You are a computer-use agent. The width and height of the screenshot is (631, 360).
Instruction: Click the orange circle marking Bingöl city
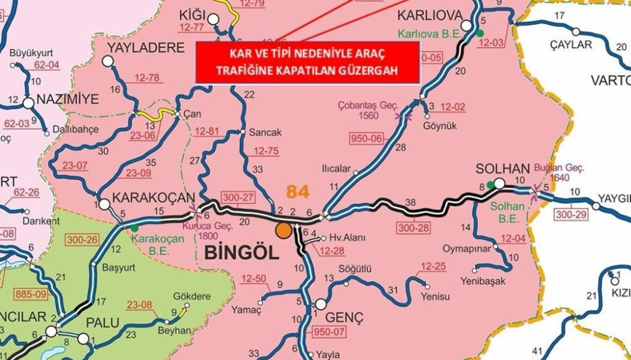click(x=283, y=230)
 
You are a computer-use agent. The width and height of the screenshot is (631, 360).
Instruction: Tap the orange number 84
click(x=298, y=192)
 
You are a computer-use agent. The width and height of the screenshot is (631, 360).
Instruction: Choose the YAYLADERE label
click(x=146, y=48)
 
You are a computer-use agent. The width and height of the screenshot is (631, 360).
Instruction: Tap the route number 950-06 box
click(x=367, y=139)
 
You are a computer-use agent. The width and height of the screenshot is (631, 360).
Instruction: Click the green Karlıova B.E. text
click(x=432, y=34)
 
